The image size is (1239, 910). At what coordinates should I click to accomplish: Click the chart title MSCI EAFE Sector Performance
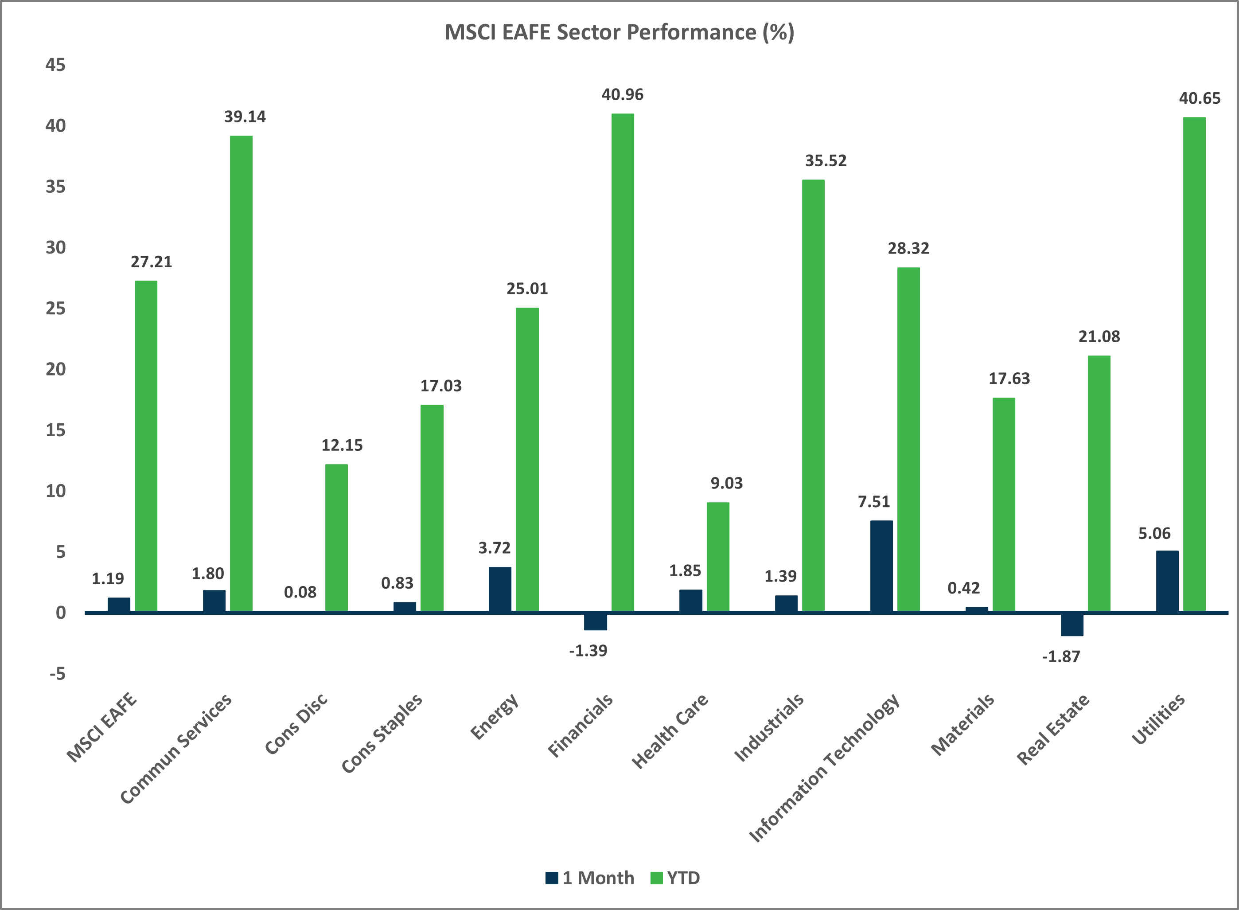619,32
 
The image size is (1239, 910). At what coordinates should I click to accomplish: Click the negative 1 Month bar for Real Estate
1071,625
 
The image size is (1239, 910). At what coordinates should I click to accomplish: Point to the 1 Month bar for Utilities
1167,581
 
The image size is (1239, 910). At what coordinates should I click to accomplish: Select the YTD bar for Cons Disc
336,538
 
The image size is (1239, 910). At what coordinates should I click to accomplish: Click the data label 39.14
245,117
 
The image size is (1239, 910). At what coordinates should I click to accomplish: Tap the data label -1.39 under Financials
588,651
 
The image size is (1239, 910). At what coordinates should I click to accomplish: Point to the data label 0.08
300,593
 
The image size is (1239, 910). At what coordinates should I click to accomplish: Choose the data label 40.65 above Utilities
1200,98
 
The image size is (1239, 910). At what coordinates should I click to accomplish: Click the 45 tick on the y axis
55,65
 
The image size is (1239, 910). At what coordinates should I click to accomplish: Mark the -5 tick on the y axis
57,674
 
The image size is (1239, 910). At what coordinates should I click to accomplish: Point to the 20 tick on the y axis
55,369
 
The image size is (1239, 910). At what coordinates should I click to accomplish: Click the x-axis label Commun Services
176,749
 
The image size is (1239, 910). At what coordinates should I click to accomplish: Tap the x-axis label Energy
495,717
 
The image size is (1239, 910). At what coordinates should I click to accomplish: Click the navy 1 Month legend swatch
552,878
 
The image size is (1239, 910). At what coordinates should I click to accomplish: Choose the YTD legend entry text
683,878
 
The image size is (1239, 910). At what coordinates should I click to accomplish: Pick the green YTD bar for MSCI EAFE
146,446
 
